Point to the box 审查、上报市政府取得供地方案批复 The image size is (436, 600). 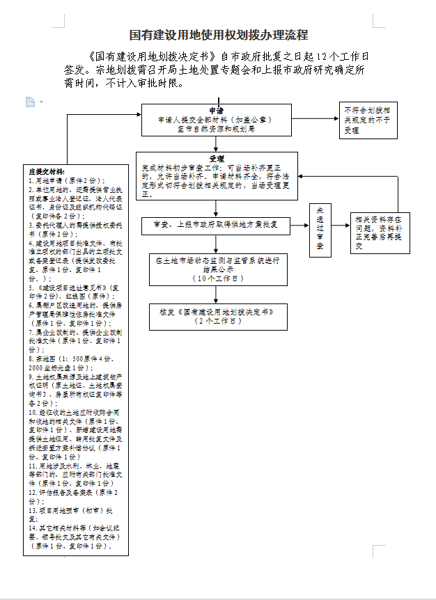pyautogui.click(x=217, y=224)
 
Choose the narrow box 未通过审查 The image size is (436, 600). pyautogui.click(x=320, y=229)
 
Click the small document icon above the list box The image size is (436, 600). pyautogui.click(x=30, y=102)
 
